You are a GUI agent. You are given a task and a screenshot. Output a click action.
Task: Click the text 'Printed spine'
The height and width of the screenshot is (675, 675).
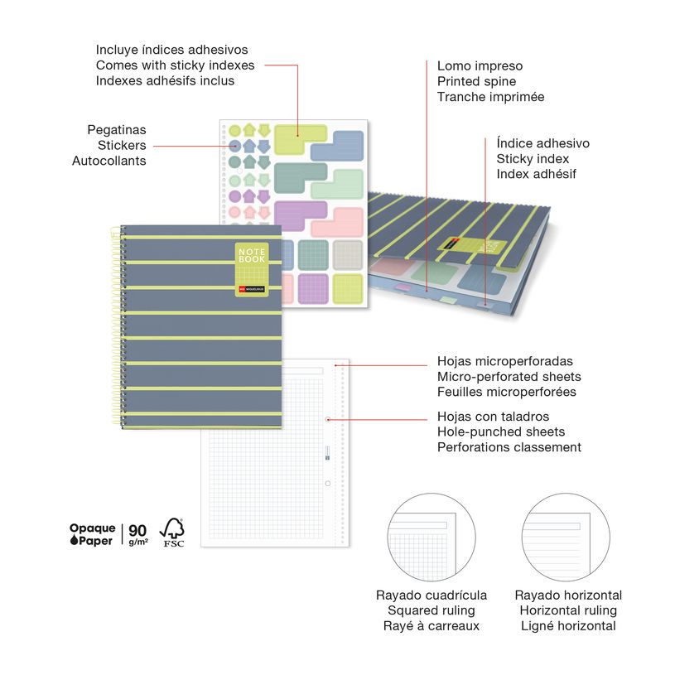(x=476, y=81)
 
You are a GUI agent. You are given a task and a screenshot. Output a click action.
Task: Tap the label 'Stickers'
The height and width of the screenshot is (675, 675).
(x=122, y=146)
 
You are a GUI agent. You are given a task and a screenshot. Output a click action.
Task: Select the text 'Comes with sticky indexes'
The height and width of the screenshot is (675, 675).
(x=175, y=65)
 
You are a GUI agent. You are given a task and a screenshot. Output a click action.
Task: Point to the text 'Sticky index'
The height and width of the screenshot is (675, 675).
(x=532, y=159)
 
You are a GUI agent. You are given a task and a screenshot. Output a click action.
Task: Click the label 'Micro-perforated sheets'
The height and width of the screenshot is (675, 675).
(x=509, y=377)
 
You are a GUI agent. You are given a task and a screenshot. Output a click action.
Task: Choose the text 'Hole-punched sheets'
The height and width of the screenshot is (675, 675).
(x=501, y=432)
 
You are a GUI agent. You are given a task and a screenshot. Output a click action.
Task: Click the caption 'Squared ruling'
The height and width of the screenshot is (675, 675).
(x=432, y=610)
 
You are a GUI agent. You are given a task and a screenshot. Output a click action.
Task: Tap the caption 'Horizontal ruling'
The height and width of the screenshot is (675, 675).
(x=568, y=610)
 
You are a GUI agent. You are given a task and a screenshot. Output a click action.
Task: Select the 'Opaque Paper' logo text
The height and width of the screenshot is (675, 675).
(x=92, y=534)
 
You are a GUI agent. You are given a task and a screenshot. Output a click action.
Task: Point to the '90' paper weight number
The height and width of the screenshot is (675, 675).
(x=137, y=530)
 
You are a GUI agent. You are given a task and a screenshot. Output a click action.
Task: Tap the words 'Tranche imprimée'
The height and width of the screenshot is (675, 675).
(x=490, y=97)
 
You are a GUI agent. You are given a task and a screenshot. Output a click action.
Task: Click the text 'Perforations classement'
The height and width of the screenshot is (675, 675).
(x=509, y=447)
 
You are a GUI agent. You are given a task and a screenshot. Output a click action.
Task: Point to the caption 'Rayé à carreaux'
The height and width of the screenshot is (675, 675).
(x=432, y=626)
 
